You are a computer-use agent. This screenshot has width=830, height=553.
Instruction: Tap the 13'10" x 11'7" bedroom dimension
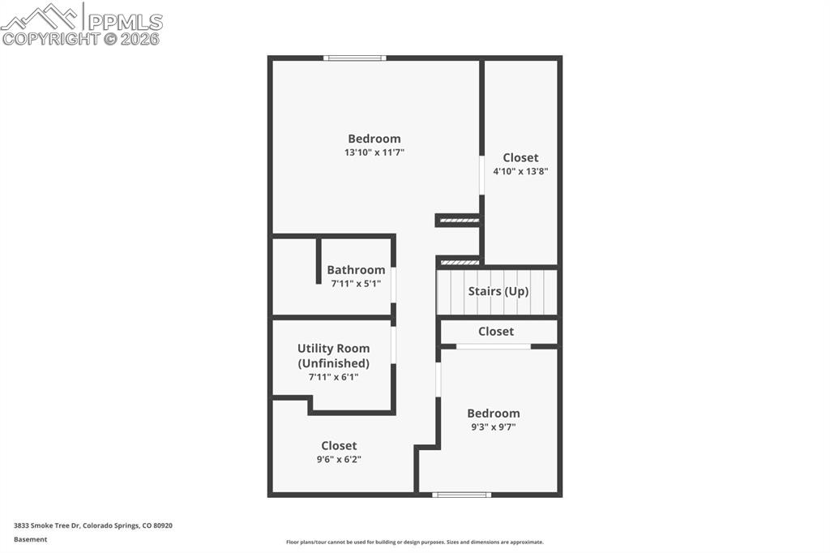pyautogui.click(x=374, y=152)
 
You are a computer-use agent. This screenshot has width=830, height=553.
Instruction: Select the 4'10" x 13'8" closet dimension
pyautogui.click(x=520, y=171)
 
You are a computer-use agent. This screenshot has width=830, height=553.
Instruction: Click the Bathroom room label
pyautogui.click(x=356, y=270)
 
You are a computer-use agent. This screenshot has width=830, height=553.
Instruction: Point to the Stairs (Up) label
pyautogui.click(x=498, y=291)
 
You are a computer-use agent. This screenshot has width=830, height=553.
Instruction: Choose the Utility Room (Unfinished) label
pyautogui.click(x=333, y=356)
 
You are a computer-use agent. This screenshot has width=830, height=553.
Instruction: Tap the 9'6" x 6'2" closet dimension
pyautogui.click(x=339, y=459)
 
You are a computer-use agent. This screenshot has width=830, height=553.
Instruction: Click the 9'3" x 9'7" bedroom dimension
pyautogui.click(x=493, y=427)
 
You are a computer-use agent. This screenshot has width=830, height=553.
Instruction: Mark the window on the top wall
pyautogui.click(x=354, y=58)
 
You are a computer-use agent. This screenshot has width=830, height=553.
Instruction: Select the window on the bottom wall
pyautogui.click(x=461, y=494)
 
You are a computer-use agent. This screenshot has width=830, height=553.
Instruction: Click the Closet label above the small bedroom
pyautogui.click(x=495, y=331)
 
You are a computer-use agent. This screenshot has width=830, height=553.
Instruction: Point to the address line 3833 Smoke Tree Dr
pyautogui.click(x=92, y=525)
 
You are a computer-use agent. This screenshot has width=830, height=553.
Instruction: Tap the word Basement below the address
pyautogui.click(x=30, y=539)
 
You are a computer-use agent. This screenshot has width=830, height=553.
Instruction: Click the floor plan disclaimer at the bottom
pyautogui.click(x=414, y=542)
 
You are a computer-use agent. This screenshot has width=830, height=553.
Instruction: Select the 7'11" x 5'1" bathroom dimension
pyautogui.click(x=356, y=284)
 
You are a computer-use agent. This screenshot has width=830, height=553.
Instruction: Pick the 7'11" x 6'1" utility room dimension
pyautogui.click(x=333, y=377)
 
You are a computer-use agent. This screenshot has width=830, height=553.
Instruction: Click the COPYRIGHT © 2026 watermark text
pyautogui.click(x=81, y=38)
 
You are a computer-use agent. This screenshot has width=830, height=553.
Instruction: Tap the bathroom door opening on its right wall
pyautogui.click(x=393, y=285)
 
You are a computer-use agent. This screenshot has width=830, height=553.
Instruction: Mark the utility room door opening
pyautogui.click(x=393, y=345)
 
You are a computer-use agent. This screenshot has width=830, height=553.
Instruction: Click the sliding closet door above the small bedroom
pyautogui.click(x=493, y=346)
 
